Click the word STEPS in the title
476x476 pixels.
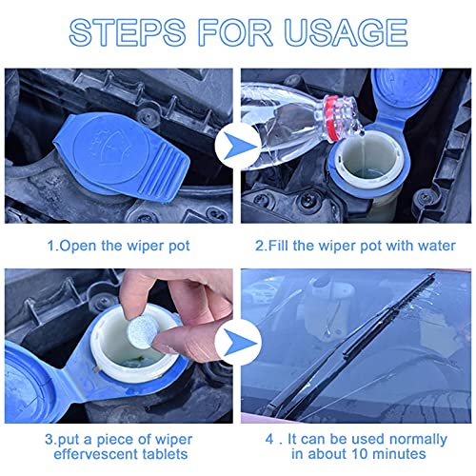(127, 32)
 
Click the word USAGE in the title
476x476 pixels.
(346, 32)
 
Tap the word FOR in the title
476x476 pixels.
(235, 32)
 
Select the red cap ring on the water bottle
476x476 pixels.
(332, 118)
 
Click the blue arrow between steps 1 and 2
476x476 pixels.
(237, 146)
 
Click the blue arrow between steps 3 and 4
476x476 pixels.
(237, 343)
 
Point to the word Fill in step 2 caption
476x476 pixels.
(279, 246)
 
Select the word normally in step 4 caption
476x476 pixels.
(418, 440)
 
